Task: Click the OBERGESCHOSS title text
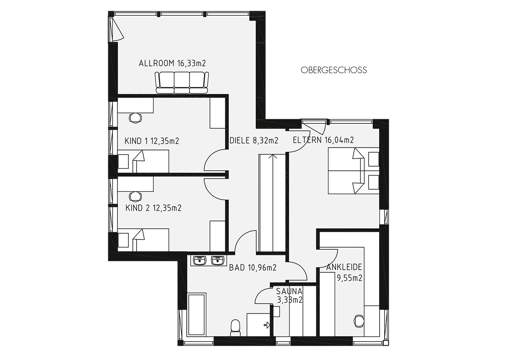point(334,70)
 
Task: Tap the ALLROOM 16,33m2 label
point(172,63)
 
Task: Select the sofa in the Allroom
point(182,83)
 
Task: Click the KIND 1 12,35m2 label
point(152,141)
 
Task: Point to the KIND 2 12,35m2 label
point(153,208)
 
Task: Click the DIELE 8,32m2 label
point(254,140)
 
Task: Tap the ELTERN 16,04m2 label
point(323,140)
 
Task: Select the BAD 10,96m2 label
point(253,267)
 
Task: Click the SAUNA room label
point(290,295)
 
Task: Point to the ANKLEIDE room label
point(344,272)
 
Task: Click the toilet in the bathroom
point(235,328)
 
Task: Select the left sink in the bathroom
point(199,260)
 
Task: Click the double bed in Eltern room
point(353,171)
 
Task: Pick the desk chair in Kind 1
point(135,118)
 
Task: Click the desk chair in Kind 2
point(135,196)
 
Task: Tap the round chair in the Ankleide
point(359,321)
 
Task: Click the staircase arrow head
point(273,156)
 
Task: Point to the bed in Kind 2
point(144,240)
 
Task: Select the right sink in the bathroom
point(218,260)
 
